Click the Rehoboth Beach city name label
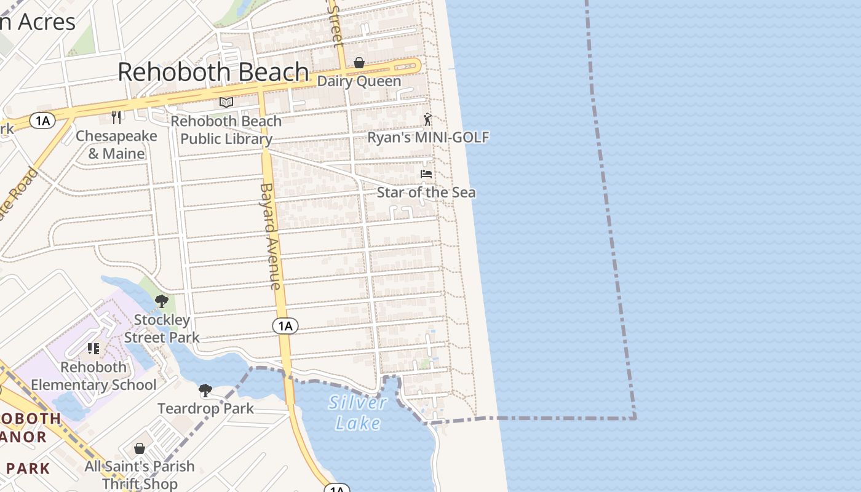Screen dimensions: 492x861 [x=213, y=72]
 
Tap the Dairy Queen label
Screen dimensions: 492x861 [x=359, y=81]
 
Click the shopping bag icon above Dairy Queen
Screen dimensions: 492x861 [x=359, y=63]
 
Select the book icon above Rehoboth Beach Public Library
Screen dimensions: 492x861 [x=226, y=102]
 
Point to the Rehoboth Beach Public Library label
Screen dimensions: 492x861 [x=226, y=130]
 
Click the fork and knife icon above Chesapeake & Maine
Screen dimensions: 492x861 [x=117, y=117]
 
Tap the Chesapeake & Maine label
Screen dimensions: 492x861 [x=116, y=145]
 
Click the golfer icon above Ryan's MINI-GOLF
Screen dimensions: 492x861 [x=427, y=119]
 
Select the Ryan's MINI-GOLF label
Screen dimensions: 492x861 [x=428, y=137]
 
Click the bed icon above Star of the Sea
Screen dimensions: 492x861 [x=426, y=174]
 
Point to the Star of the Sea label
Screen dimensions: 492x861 [x=426, y=192]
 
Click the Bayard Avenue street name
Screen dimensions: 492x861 [x=270, y=236]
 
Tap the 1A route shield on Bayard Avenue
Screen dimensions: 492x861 [x=285, y=326]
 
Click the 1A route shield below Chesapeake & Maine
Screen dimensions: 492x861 [x=42, y=121]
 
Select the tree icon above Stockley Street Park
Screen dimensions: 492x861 [x=162, y=301]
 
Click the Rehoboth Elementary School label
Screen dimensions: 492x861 [x=93, y=376]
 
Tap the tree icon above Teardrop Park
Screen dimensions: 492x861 [x=205, y=391]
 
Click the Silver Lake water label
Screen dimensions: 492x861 [x=358, y=413]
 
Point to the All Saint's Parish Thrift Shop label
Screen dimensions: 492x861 [x=140, y=475]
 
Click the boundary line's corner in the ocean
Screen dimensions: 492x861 [x=635, y=418]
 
